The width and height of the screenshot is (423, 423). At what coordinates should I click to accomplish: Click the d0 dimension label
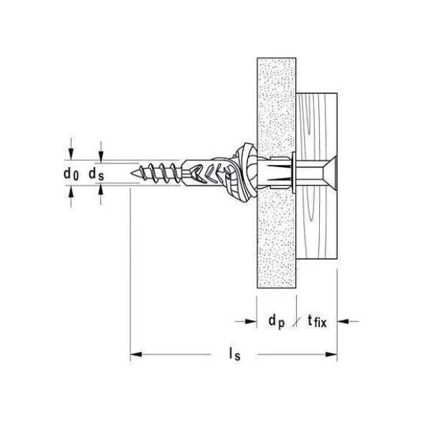coord(71,174)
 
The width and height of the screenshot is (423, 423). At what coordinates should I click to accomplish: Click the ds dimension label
coord(96,174)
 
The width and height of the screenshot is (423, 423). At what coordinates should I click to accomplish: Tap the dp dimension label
coord(277,322)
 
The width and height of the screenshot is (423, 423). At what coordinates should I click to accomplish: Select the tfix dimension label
coord(317,322)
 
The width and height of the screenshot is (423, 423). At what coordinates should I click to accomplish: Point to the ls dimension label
coord(234,354)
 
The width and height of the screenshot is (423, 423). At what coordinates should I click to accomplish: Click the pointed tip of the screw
coord(131,173)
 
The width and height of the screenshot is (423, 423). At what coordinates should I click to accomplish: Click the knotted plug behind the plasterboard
coord(243,173)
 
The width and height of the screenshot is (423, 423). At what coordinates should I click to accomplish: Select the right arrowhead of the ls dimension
coord(331,354)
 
